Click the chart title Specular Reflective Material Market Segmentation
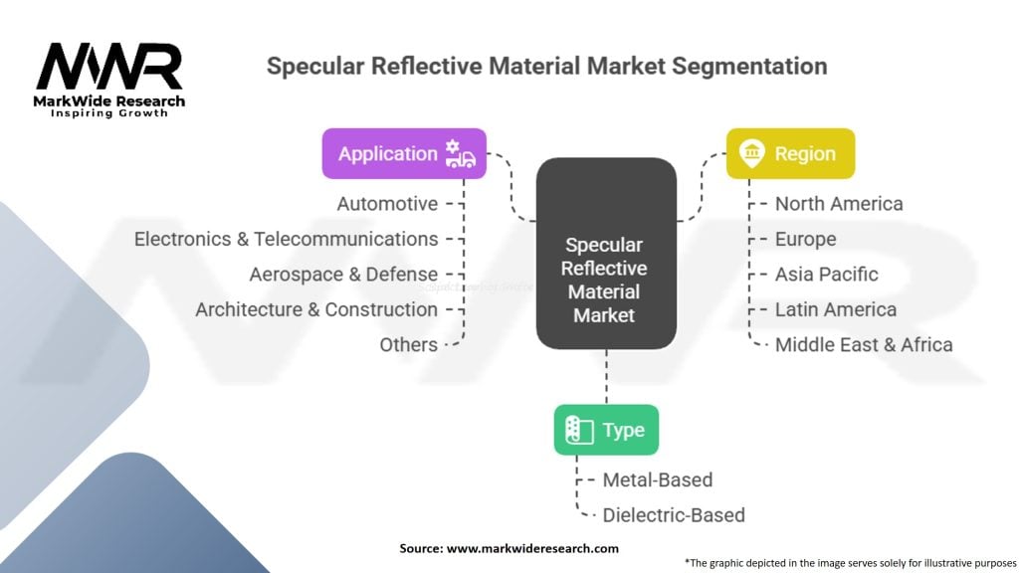click(x=546, y=67)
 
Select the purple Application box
click(x=404, y=153)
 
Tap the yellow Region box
click(x=790, y=153)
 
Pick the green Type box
click(x=606, y=430)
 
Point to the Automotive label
click(x=387, y=204)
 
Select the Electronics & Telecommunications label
click(x=286, y=239)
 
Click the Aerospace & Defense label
click(x=343, y=275)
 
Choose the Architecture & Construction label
click(x=316, y=309)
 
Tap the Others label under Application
click(x=408, y=345)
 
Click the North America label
click(x=839, y=204)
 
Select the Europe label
click(x=805, y=239)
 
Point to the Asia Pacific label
click(x=826, y=275)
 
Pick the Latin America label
click(x=835, y=309)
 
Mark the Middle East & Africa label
click(x=864, y=345)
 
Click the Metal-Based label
click(x=657, y=479)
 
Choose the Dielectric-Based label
click(x=673, y=515)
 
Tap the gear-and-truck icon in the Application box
click(x=460, y=153)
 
